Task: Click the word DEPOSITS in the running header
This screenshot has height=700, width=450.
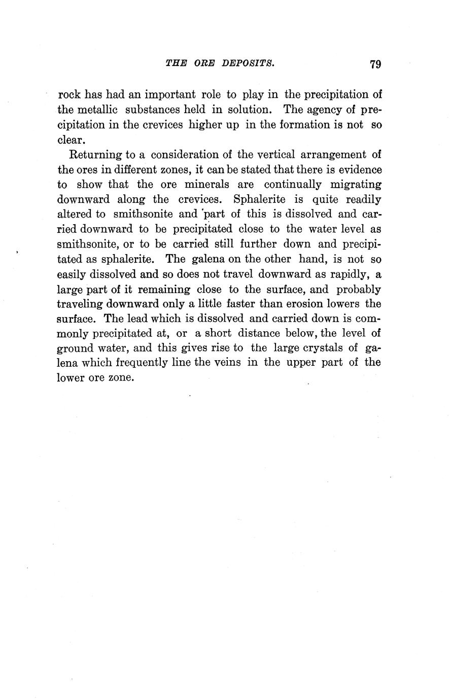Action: [246, 63]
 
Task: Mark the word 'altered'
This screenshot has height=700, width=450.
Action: [74, 214]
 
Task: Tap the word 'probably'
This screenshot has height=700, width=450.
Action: [360, 290]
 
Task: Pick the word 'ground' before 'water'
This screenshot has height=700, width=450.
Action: [74, 349]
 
